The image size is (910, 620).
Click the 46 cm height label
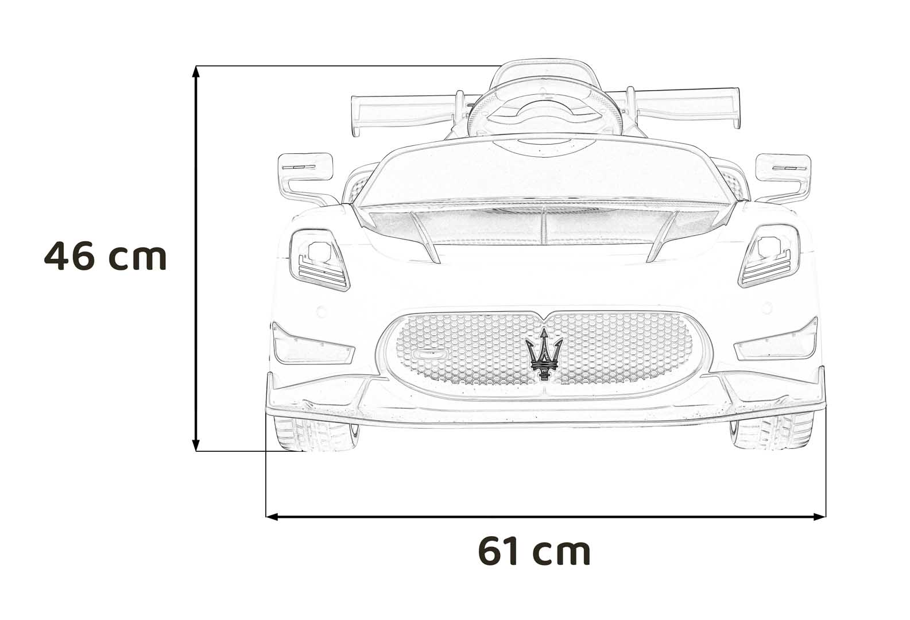105,256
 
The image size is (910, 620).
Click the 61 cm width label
534,552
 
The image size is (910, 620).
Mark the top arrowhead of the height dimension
196,72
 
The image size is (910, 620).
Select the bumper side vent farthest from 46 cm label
778,344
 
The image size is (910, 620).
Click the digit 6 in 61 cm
489,552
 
